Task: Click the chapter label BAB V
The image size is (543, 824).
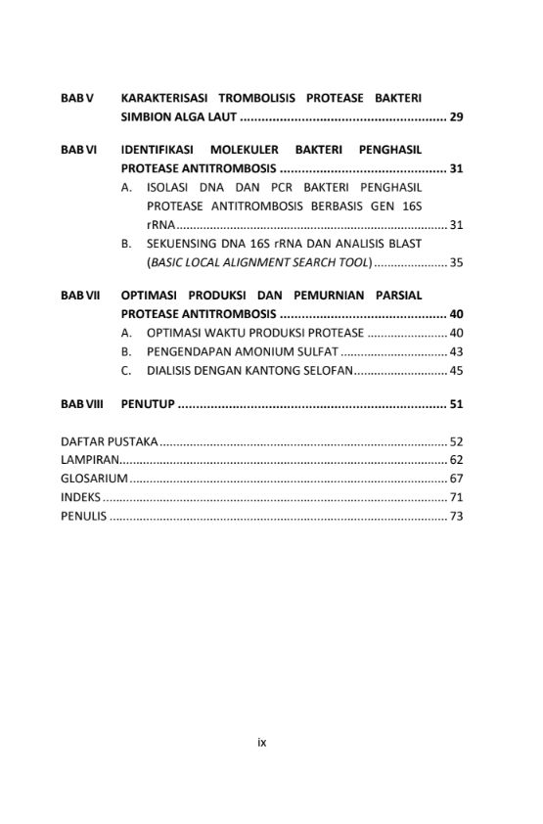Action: pyautogui.click(x=76, y=98)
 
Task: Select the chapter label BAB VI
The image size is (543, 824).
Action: pyautogui.click(x=78, y=150)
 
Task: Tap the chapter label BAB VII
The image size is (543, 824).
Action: pyautogui.click(x=80, y=295)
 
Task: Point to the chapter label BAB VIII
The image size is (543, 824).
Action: pyautogui.click(x=81, y=403)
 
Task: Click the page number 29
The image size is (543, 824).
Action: pyautogui.click(x=456, y=117)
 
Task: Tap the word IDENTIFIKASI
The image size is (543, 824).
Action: pyautogui.click(x=158, y=150)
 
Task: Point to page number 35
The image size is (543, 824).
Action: pyautogui.click(x=456, y=262)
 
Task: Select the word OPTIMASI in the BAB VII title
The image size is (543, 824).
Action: pyautogui.click(x=151, y=295)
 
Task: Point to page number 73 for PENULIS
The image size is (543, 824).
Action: pyautogui.click(x=456, y=516)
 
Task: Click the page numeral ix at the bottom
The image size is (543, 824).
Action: pyautogui.click(x=262, y=742)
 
